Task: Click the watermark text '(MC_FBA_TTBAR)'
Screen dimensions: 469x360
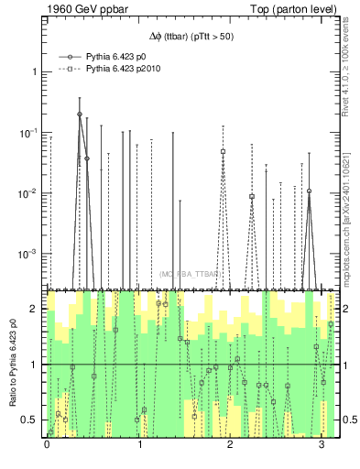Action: [191, 274]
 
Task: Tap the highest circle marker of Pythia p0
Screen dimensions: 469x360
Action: [80, 115]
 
